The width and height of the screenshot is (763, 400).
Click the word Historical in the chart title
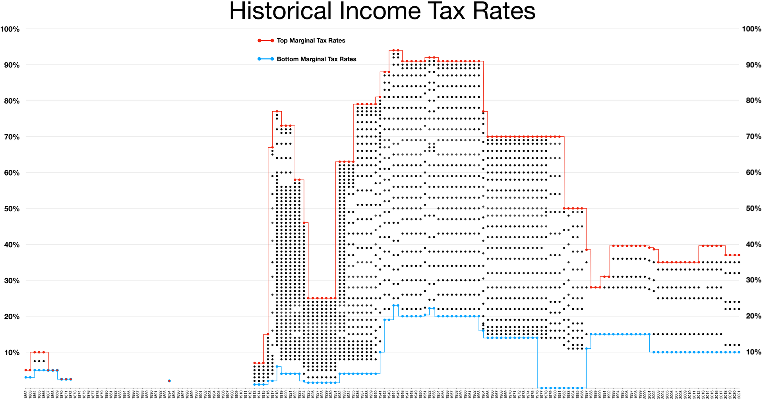tap(280, 11)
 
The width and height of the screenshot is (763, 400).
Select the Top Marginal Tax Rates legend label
tap(311, 41)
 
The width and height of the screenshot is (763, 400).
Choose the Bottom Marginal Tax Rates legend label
tap(316, 59)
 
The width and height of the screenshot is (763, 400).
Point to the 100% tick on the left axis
tap(10, 29)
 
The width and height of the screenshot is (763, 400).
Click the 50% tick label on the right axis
tap(751, 209)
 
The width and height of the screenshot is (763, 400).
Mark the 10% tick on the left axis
tap(12, 352)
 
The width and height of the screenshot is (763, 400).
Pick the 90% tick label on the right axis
tap(751, 65)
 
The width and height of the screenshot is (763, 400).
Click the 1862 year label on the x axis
tap(26, 394)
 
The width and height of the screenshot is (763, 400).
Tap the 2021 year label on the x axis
tap(739, 394)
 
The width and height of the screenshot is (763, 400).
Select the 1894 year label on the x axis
tap(169, 394)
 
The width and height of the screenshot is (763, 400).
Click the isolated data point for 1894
tap(169, 381)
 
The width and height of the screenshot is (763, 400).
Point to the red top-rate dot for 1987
tap(587, 250)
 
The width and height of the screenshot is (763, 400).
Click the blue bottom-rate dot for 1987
tap(587, 349)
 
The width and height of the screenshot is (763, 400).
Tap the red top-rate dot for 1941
tap(380, 97)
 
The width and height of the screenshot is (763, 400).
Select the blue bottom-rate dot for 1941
tap(380, 352)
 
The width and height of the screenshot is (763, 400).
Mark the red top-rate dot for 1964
tap(483, 112)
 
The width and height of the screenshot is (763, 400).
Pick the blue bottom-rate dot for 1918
tap(277, 367)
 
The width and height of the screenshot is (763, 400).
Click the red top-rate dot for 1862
tap(26, 370)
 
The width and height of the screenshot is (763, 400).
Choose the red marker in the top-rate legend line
tap(259, 41)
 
